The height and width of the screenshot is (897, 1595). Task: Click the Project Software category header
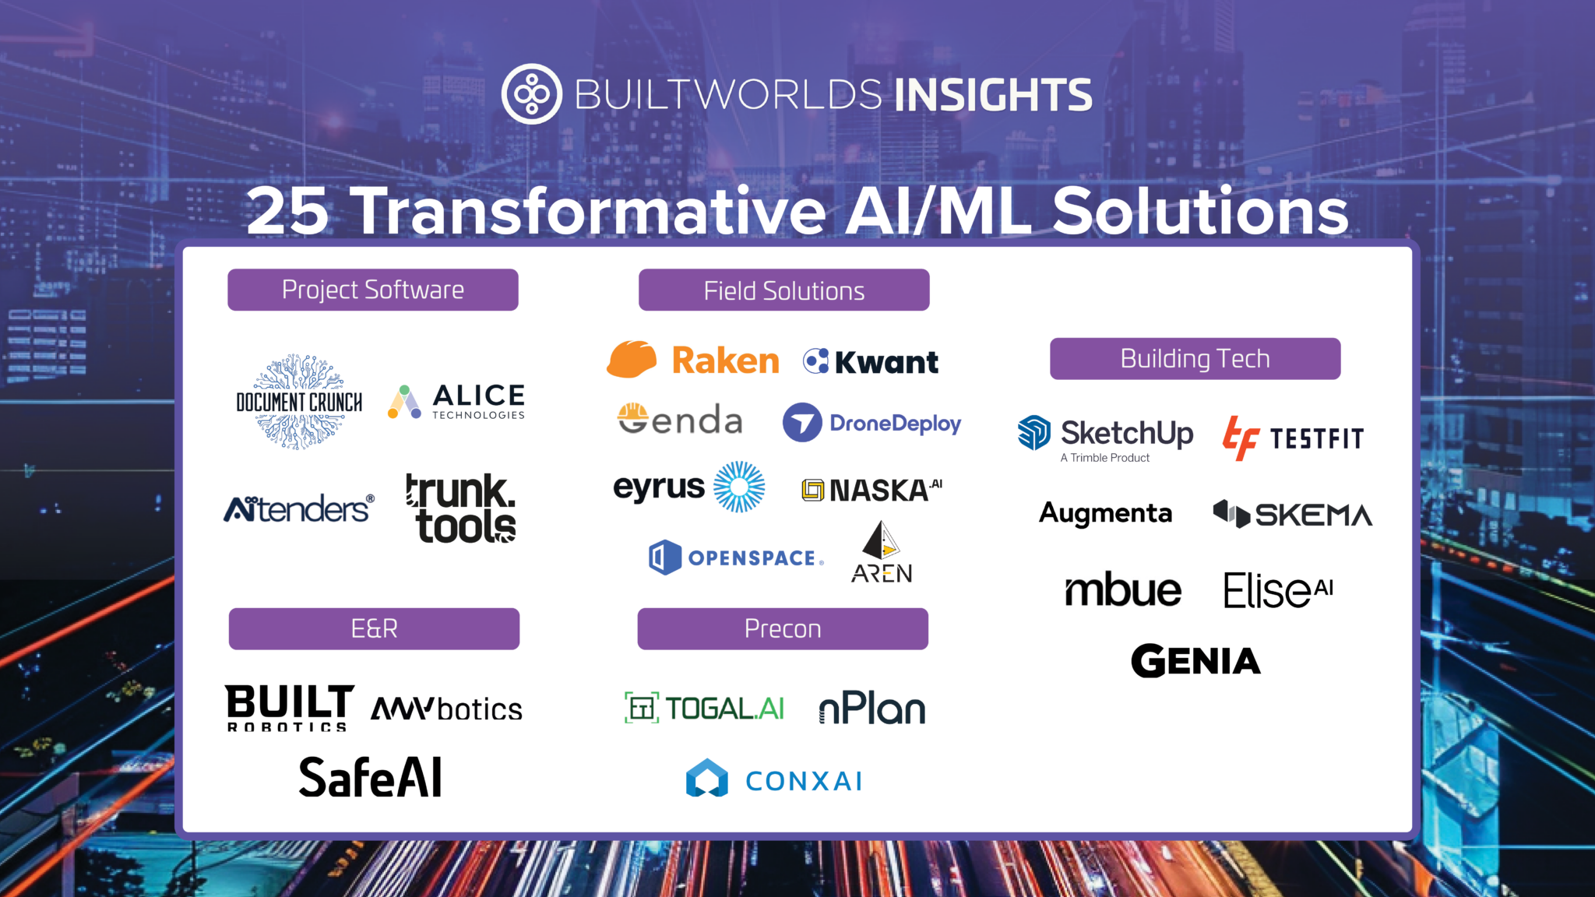click(x=372, y=290)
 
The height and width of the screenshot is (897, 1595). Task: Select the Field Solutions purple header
click(x=783, y=290)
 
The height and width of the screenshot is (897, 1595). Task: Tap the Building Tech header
click(x=1195, y=359)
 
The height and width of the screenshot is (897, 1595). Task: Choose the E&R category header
click(x=374, y=628)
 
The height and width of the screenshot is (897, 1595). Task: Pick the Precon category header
click(x=783, y=628)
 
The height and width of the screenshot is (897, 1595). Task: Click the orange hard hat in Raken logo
click(x=632, y=360)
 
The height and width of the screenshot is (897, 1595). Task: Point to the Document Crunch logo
click(x=299, y=402)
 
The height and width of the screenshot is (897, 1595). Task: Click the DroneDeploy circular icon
click(x=802, y=423)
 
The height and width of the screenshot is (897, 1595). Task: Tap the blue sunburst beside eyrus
click(x=739, y=487)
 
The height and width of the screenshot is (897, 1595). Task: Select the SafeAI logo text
click(x=371, y=777)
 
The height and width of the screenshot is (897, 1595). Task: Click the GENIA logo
click(x=1195, y=661)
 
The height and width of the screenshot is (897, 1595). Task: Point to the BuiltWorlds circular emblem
click(x=531, y=94)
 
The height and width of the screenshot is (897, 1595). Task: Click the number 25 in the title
click(x=287, y=211)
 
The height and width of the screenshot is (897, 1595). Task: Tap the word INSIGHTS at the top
click(x=993, y=95)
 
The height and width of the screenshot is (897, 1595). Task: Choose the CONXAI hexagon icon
click(x=706, y=779)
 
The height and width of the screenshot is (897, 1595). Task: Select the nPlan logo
click(x=872, y=709)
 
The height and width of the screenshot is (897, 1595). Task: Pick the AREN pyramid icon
click(x=881, y=540)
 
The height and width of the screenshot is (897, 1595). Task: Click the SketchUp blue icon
click(x=1034, y=433)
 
